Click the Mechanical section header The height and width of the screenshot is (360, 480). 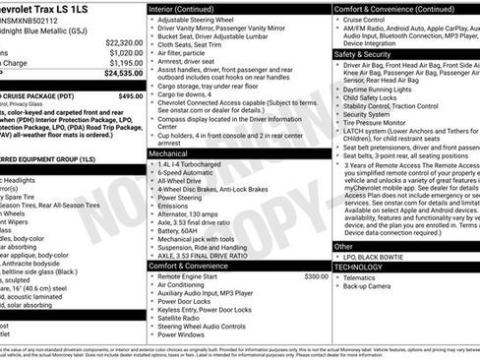[x=169, y=153]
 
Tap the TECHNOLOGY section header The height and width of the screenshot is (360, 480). [x=360, y=266]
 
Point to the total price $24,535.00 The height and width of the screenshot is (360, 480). [x=123, y=73]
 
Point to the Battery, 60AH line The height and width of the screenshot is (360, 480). [x=182, y=229]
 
